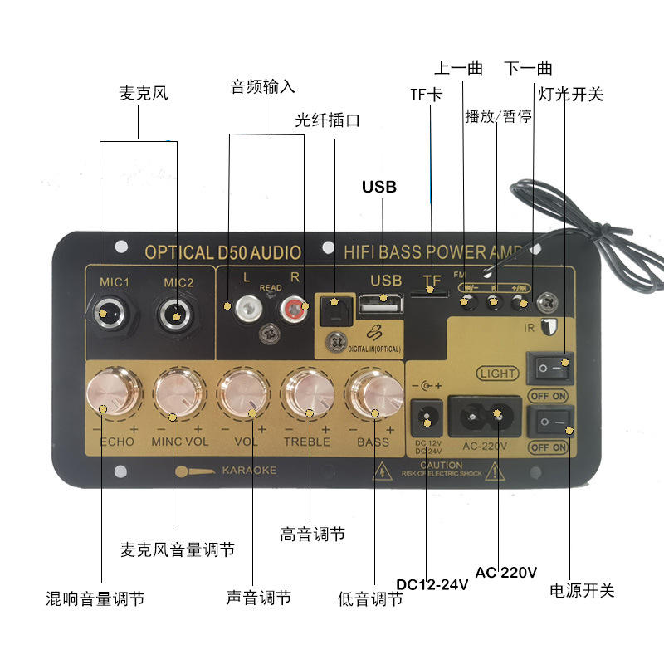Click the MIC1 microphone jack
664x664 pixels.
(105, 315)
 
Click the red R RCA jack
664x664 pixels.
(293, 310)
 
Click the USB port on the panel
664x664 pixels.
(381, 304)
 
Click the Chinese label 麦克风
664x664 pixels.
(144, 93)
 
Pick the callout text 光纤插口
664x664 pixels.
(328, 120)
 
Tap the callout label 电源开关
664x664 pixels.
(582, 591)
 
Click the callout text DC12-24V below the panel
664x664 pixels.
(432, 584)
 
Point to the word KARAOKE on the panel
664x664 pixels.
(249, 471)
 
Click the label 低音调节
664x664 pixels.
(370, 598)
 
